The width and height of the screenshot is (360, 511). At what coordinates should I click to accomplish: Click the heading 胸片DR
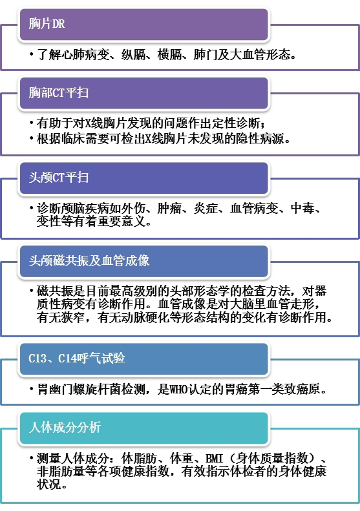click(47, 24)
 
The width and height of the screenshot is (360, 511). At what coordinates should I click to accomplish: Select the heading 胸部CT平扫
click(59, 92)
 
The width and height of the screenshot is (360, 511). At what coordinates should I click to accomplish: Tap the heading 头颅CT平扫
click(59, 177)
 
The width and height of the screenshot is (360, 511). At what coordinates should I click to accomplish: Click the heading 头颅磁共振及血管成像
click(89, 260)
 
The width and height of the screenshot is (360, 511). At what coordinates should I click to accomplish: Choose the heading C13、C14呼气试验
click(77, 358)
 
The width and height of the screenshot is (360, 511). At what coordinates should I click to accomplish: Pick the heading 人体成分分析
click(65, 427)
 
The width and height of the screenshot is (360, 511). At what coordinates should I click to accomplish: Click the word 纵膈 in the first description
click(133, 54)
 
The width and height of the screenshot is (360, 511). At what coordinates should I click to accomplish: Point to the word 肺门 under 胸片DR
click(205, 54)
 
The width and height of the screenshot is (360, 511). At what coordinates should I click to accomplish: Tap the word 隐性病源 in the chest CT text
click(260, 138)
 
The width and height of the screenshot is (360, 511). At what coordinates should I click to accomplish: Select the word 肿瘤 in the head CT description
click(169, 208)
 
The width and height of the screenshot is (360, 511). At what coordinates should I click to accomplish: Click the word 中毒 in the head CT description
click(302, 208)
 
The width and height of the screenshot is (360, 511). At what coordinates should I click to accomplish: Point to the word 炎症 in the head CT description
click(206, 208)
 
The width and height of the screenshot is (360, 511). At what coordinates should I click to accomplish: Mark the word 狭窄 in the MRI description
click(73, 317)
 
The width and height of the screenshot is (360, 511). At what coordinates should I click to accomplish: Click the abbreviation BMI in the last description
click(214, 459)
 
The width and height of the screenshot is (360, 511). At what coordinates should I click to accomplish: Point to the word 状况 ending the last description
click(48, 485)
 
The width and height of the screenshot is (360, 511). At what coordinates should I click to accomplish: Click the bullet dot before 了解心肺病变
click(32, 55)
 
